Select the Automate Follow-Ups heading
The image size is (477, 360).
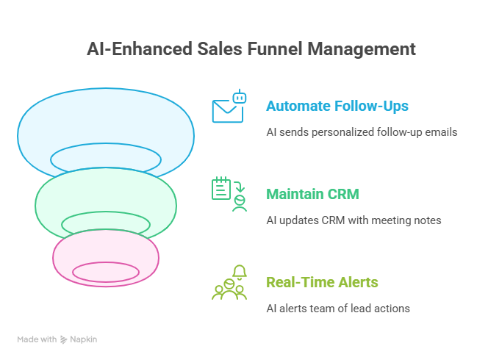pyautogui.click(x=337, y=106)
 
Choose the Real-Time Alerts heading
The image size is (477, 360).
pyautogui.click(x=322, y=282)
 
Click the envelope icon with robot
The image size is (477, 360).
pyautogui.click(x=228, y=107)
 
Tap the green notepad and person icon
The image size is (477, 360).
pyautogui.click(x=229, y=194)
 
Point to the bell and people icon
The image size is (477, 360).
pyautogui.click(x=229, y=282)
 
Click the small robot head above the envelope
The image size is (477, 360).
pyautogui.click(x=239, y=96)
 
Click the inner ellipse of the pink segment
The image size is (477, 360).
pyautogui.click(x=106, y=272)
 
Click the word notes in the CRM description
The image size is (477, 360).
pyautogui.click(x=426, y=220)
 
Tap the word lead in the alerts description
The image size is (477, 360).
pyautogui.click(x=362, y=309)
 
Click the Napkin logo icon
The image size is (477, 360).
pyautogui.click(x=64, y=339)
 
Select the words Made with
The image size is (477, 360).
pyautogui.click(x=37, y=339)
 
